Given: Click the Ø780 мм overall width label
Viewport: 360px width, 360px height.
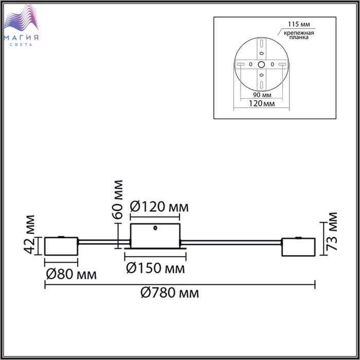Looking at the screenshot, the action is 170,293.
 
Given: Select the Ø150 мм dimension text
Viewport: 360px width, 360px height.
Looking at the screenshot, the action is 155,268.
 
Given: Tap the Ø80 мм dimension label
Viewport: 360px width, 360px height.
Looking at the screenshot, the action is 71,274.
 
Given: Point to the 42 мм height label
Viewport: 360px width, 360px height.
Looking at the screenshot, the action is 30,235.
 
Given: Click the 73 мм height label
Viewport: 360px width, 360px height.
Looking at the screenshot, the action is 332,231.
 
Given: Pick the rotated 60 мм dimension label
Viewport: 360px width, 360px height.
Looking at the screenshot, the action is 117,200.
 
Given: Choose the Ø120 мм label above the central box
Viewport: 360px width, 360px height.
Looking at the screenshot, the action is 159,207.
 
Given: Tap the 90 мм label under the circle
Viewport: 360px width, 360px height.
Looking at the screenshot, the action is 262,95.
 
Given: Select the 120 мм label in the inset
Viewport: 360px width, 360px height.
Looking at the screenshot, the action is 262,103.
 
